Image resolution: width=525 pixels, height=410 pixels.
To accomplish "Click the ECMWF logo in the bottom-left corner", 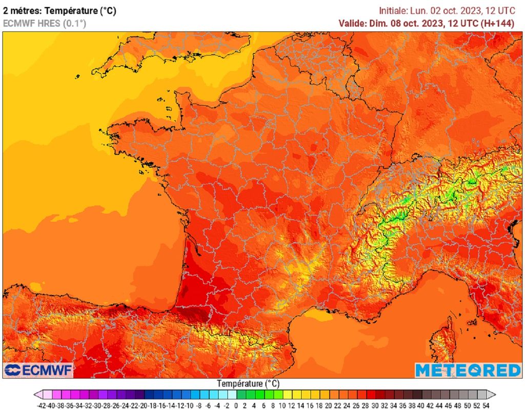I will tap(38, 370).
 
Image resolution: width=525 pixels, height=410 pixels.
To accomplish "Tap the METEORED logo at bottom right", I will tap(468, 370).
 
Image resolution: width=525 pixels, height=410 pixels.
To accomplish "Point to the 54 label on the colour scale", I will tap(486, 405).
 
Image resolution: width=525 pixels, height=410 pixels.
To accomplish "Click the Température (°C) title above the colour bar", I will tap(248, 383).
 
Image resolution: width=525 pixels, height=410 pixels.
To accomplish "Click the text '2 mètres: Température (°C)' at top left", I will tap(59, 11).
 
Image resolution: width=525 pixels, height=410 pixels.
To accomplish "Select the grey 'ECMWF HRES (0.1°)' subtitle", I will tap(45, 23).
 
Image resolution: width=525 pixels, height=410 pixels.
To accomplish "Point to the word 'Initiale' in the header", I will tap(394, 11).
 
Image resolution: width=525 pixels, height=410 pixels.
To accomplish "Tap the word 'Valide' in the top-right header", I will tap(352, 23).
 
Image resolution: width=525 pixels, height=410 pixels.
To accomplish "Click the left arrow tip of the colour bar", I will tap(36, 395).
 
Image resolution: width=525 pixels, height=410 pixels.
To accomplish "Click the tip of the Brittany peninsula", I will tap(110, 134).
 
